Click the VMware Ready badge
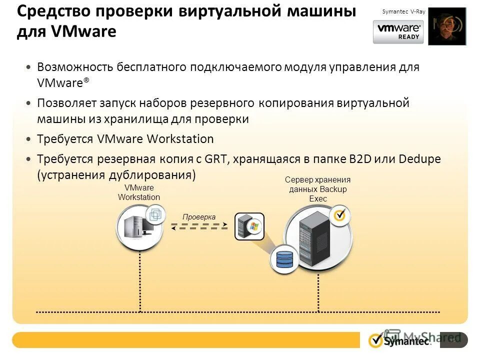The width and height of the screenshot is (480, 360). (398, 32)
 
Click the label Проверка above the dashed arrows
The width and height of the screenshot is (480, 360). (198, 217)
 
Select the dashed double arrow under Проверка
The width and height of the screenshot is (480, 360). (199, 226)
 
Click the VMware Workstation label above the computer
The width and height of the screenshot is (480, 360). (139, 192)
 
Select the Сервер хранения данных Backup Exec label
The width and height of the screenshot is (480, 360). (318, 189)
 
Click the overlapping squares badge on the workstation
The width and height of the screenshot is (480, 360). (155, 215)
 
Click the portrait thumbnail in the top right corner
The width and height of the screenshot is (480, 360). (446, 26)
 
